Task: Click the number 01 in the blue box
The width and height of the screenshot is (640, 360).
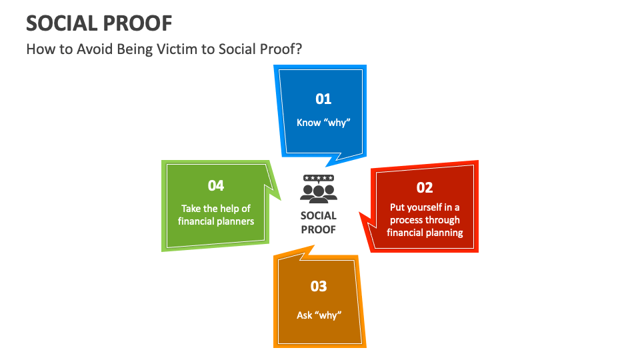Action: pos(323,99)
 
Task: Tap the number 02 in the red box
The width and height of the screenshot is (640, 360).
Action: pos(425,187)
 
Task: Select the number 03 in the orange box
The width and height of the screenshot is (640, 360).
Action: pos(319,286)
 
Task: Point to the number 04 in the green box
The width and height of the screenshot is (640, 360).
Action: pos(215,186)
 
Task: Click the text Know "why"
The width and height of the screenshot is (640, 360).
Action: pos(323,123)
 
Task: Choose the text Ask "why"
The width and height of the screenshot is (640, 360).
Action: pos(319,315)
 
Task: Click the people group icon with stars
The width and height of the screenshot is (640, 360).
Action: pos(319,191)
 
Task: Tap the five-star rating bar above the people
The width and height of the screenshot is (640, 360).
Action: pos(319,178)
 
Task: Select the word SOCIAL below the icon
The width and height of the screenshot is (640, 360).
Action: pos(319,216)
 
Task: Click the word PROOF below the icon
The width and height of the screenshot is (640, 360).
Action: pos(319,229)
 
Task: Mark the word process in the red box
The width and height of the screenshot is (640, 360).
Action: pos(407,220)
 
